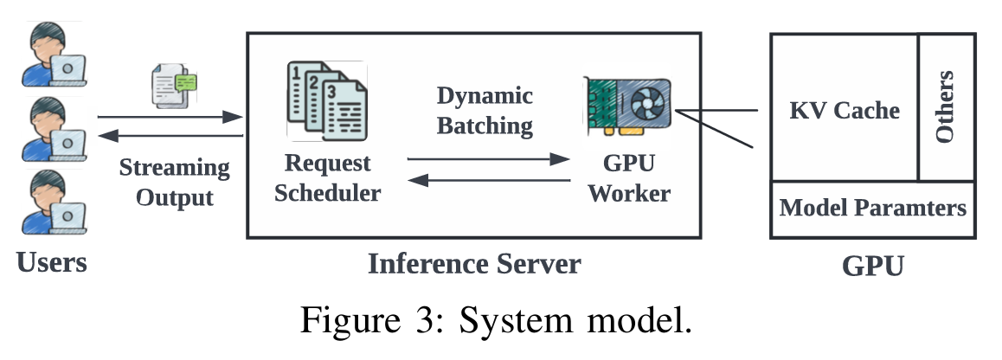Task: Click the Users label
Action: click(x=52, y=260)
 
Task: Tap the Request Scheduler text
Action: click(x=327, y=177)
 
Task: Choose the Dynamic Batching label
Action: click(x=485, y=110)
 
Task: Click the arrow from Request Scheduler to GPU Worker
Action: click(x=489, y=159)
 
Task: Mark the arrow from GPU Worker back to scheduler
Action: click(x=489, y=180)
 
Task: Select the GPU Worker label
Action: click(x=629, y=177)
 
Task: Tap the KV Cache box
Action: click(x=845, y=110)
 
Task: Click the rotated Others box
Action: click(x=946, y=106)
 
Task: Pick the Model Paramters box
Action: click(x=872, y=209)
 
